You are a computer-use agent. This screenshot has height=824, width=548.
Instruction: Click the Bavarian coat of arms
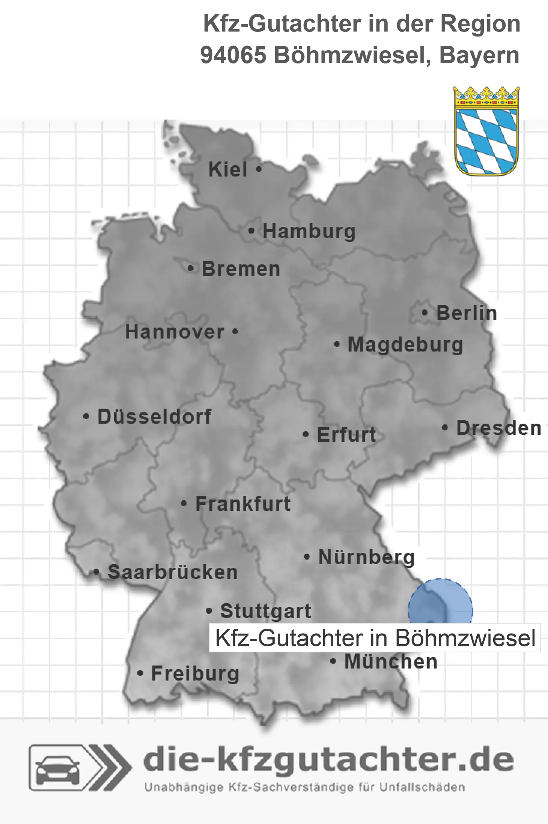486,131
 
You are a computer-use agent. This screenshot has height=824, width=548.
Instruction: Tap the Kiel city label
228,169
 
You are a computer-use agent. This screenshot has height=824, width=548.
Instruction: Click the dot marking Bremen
191,269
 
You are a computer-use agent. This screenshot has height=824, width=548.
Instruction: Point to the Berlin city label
467,313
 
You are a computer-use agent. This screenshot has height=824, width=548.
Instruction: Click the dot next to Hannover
235,332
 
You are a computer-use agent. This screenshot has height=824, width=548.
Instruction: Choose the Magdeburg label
405,344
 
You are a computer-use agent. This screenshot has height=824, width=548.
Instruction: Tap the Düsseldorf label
154,417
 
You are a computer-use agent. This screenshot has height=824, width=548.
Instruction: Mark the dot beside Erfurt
306,435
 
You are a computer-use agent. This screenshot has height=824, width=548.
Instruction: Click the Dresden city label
499,428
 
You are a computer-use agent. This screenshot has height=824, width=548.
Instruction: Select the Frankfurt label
243,504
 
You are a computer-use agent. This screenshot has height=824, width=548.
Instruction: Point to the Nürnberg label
366,557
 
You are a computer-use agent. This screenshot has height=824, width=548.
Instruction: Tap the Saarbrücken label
173,572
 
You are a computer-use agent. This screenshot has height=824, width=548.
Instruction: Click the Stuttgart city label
265,611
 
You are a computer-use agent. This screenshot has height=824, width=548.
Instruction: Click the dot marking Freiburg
140,673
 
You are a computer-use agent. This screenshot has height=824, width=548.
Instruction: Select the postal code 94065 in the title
233,55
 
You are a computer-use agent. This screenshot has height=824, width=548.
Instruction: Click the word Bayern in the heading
479,55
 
